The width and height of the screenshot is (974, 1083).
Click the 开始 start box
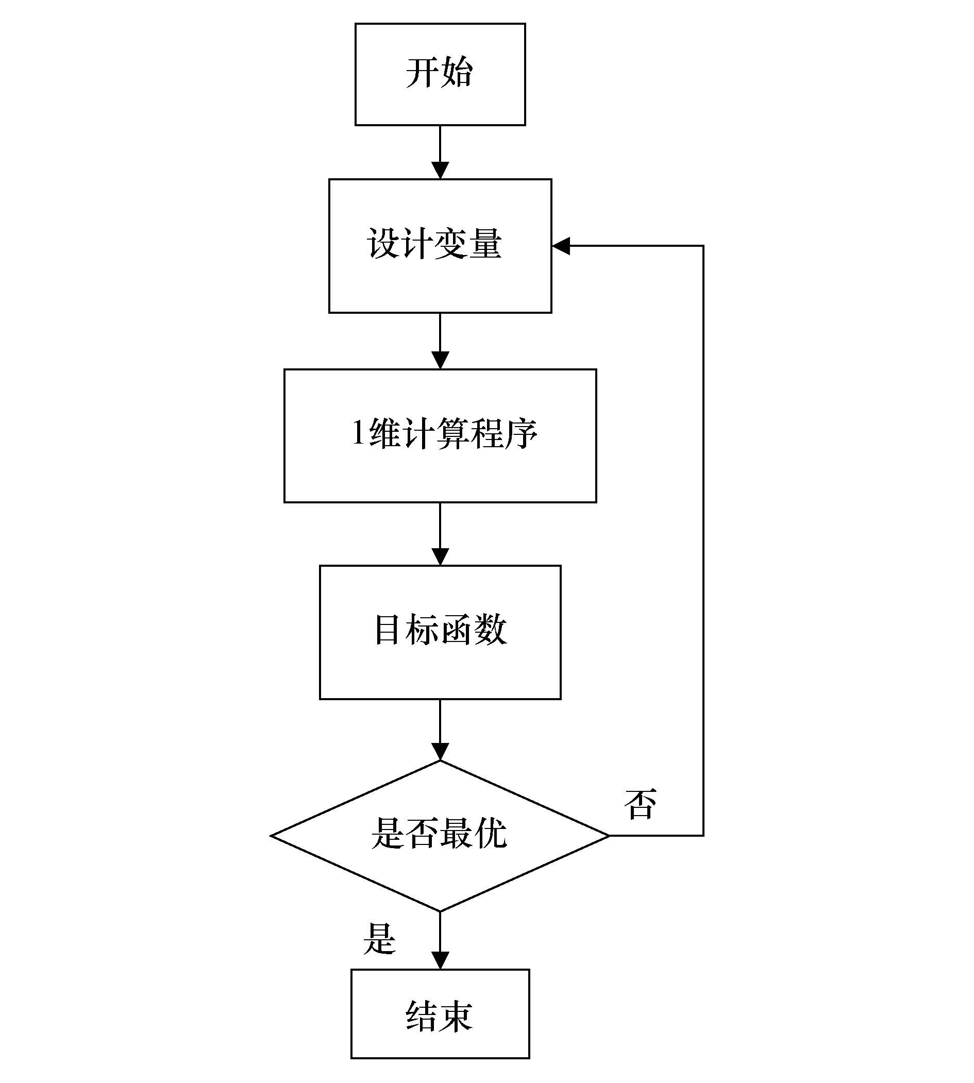(x=440, y=74)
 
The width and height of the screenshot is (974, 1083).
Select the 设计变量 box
(x=440, y=246)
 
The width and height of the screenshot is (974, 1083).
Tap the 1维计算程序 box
(x=440, y=435)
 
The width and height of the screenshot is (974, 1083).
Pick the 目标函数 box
(x=440, y=632)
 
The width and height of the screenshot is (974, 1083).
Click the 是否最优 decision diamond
(x=440, y=835)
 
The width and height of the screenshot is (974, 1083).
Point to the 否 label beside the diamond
(x=640, y=804)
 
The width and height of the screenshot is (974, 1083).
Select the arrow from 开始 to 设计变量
(x=440, y=153)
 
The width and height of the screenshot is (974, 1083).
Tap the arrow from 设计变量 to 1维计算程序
(x=440, y=341)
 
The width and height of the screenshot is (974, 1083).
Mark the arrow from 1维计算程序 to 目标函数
(x=440, y=533)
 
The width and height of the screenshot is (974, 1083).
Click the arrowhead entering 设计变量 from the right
(x=561, y=246)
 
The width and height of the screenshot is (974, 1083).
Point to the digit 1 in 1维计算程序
(x=358, y=432)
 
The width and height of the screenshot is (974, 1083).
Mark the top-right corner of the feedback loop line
(x=703, y=246)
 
